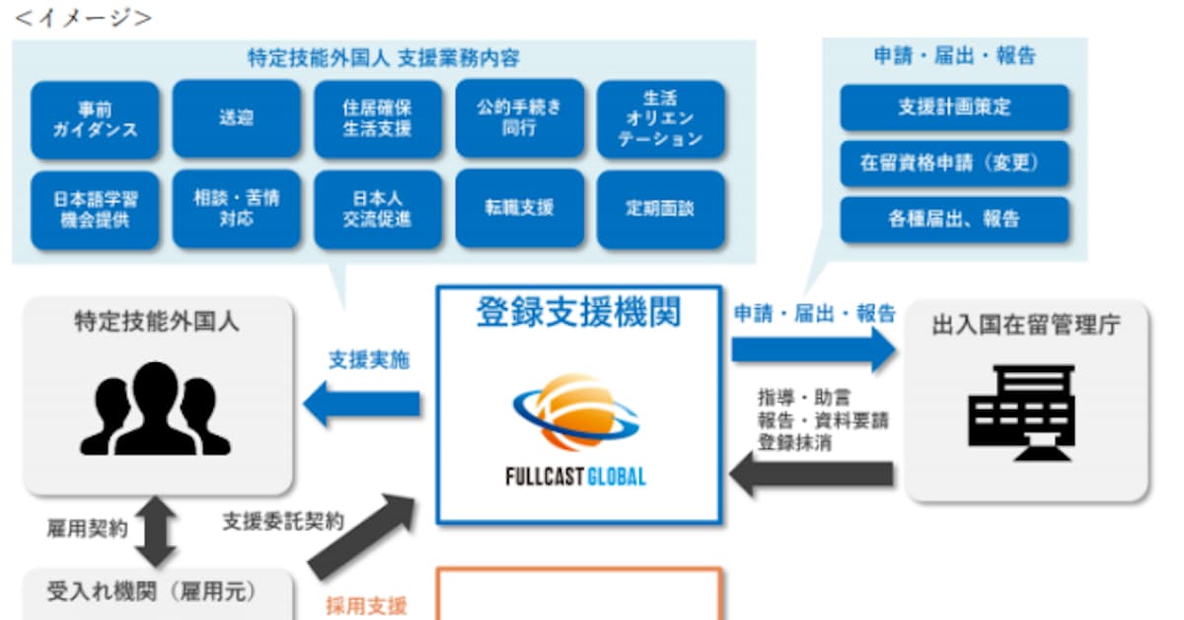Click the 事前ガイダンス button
(95, 119)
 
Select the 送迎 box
(237, 119)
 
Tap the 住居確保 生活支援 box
(378, 119)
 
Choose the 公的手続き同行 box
(519, 119)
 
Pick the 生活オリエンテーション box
(660, 119)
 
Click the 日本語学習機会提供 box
(95, 209)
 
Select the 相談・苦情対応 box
(237, 209)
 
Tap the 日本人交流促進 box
(378, 209)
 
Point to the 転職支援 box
(519, 209)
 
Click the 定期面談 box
(660, 209)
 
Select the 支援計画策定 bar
(954, 108)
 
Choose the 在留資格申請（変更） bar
(954, 163)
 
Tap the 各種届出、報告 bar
(954, 219)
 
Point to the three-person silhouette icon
(155, 409)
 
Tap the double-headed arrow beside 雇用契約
(158, 531)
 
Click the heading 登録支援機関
(579, 314)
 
